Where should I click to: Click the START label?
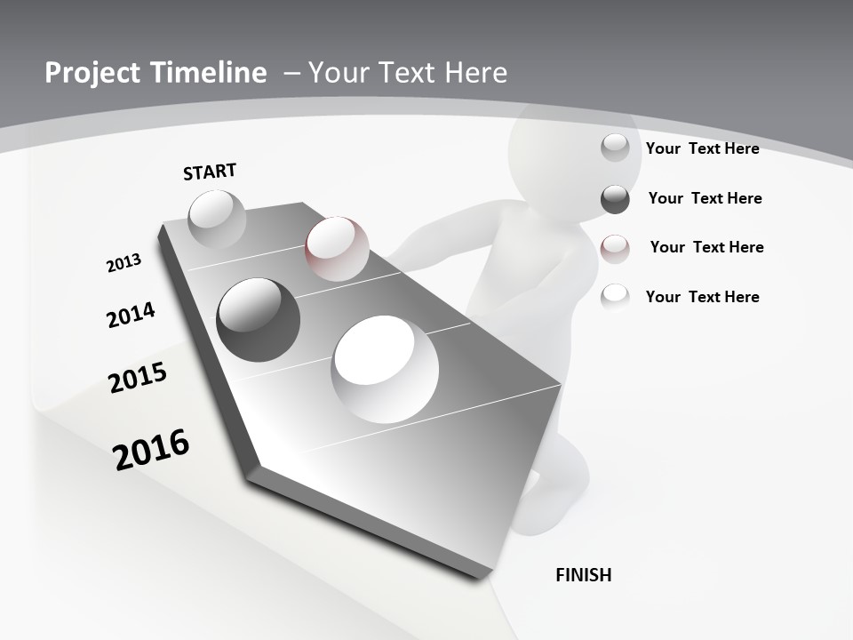pos(210,172)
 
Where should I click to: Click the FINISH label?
pos(584,575)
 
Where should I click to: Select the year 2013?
pos(124,263)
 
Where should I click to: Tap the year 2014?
pos(131,315)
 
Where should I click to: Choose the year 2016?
pos(151,449)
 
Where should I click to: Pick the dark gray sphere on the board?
pos(259,319)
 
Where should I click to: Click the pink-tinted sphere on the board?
pos(337,249)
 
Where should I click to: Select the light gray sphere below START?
pos(217,218)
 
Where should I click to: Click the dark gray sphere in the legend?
pos(615,199)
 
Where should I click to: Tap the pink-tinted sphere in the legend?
pos(615,249)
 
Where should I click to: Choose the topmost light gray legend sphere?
pos(615,148)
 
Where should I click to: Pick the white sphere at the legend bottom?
pos(615,296)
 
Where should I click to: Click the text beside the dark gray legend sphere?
pos(705,198)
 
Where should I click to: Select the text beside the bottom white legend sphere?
pos(702,297)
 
